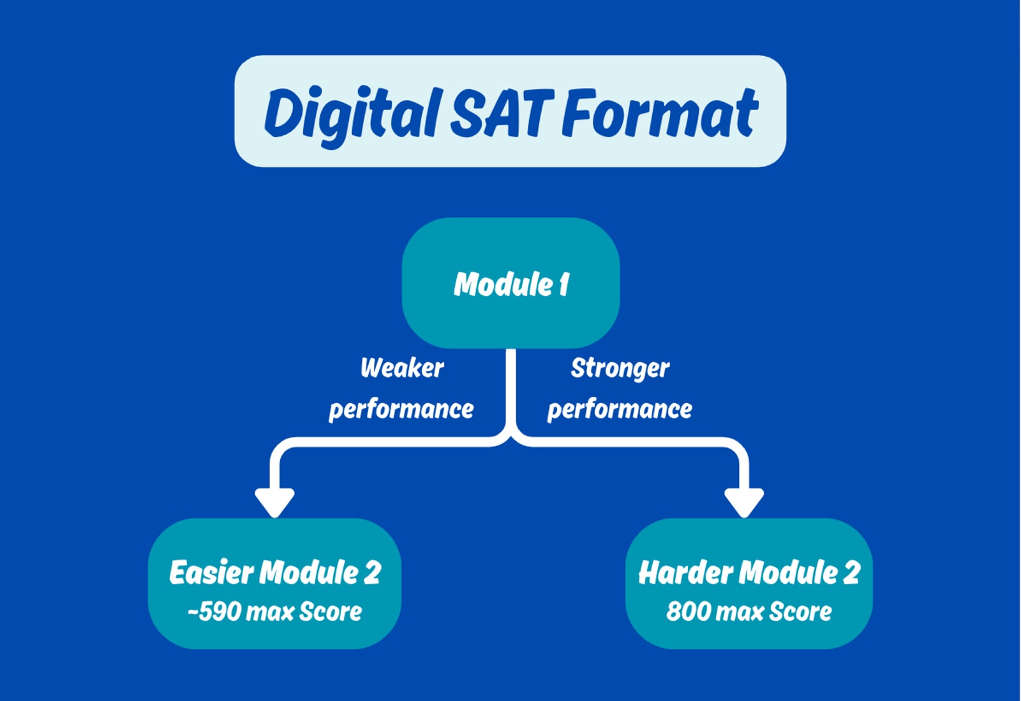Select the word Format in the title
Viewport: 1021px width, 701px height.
(660, 114)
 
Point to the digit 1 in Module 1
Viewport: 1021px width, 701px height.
(563, 284)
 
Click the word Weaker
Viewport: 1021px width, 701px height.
(402, 368)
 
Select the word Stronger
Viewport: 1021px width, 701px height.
(620, 369)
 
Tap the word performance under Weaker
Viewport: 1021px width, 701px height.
(401, 410)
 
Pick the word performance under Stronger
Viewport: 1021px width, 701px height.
(620, 410)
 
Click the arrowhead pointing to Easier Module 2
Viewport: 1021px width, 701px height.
(274, 501)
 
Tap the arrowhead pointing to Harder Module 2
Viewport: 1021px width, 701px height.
(744, 501)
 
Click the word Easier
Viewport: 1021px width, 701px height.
(211, 573)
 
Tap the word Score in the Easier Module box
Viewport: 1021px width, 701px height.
(331, 612)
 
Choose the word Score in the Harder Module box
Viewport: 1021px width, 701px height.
(800, 612)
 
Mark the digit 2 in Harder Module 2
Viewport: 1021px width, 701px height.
(851, 573)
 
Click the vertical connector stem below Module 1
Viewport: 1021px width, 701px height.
(511, 389)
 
